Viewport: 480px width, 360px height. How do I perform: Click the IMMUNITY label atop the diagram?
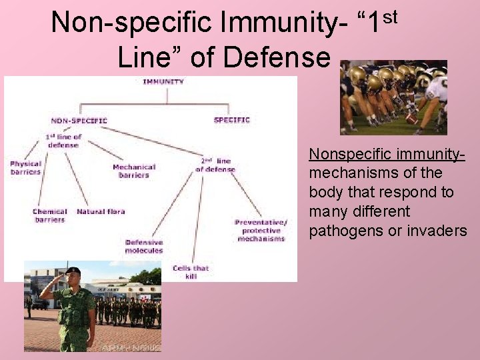[x=163, y=82]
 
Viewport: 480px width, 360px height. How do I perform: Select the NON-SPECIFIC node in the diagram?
[x=79, y=121]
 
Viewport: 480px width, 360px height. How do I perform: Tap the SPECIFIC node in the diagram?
[x=231, y=120]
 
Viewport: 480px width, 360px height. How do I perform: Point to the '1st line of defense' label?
[x=63, y=141]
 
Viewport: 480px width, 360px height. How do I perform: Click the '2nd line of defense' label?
[x=215, y=165]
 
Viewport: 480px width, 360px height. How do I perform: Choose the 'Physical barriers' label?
[x=25, y=167]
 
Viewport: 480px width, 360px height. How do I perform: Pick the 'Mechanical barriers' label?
[x=134, y=171]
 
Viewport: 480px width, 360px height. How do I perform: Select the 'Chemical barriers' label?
[x=50, y=215]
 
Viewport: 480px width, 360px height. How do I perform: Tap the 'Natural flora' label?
[x=101, y=212]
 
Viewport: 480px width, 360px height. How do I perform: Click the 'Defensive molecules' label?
[x=143, y=246]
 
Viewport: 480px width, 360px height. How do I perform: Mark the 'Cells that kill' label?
[x=191, y=271]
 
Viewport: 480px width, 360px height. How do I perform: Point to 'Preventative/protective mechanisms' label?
[x=261, y=230]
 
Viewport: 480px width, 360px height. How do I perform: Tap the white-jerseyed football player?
[x=434, y=93]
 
